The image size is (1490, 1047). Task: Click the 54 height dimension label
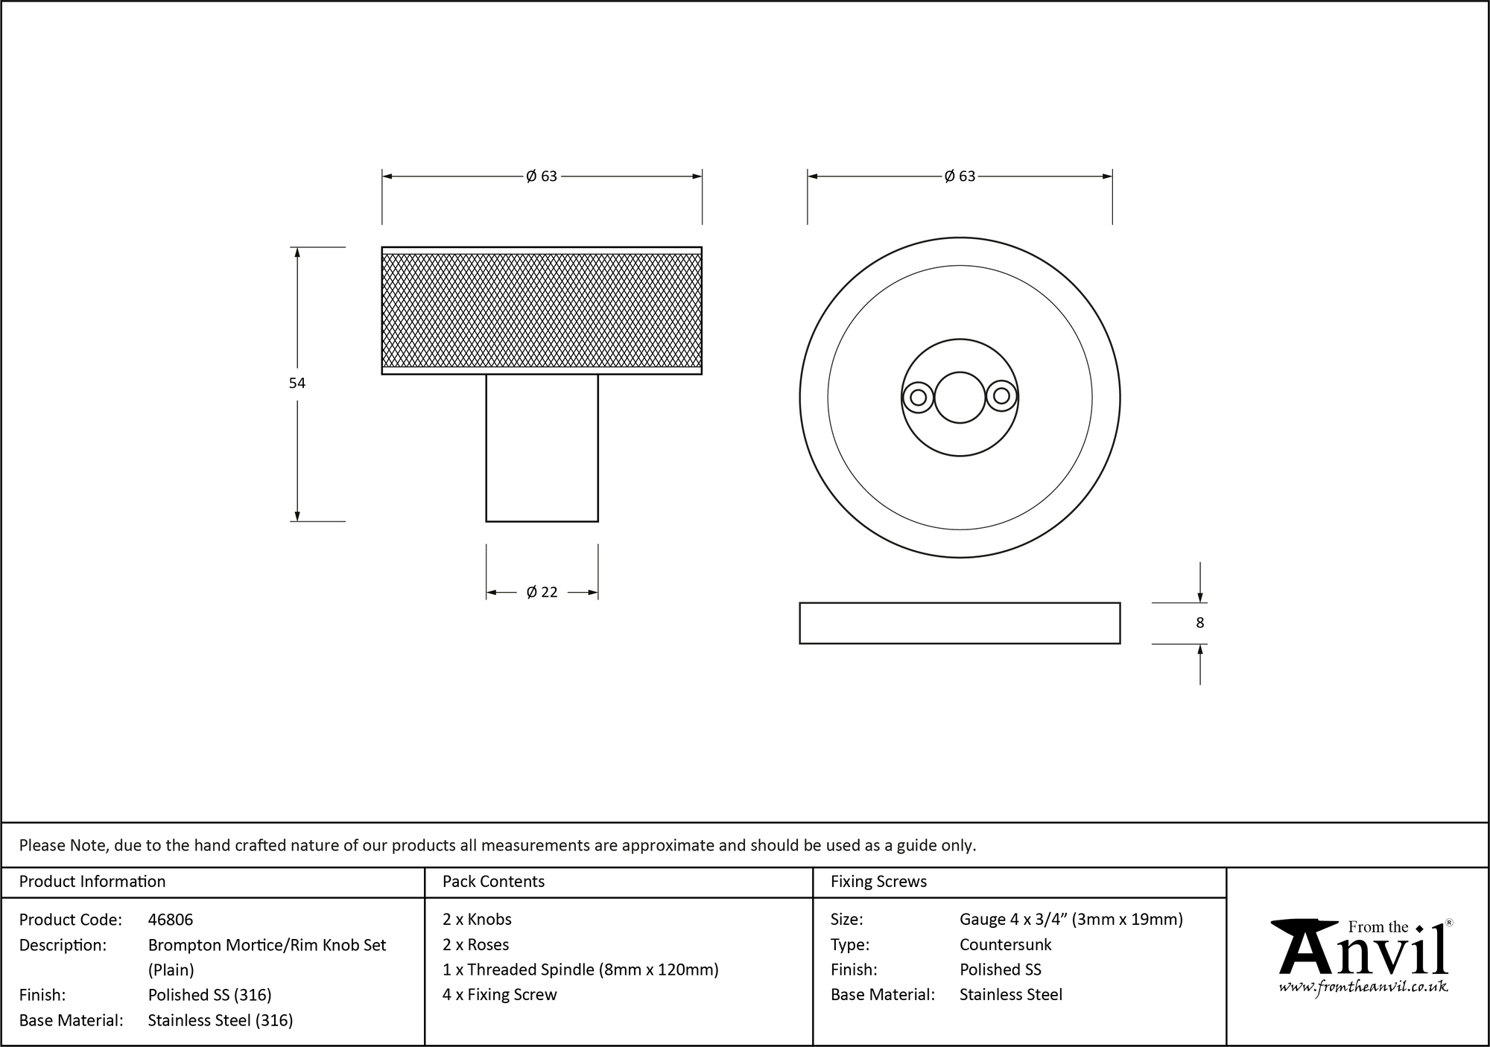coord(297,384)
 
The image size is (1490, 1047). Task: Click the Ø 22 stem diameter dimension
coord(542,593)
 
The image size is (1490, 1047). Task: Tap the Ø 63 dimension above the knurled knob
coord(542,176)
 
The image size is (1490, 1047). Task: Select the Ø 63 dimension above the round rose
coord(960,176)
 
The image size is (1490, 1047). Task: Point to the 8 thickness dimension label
coord(1199,623)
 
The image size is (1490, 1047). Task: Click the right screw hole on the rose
coord(1002,397)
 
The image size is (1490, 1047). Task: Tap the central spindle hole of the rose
coord(960,398)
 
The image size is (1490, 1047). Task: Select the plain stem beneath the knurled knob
coord(542,448)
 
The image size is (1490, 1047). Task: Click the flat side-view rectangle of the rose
coord(960,623)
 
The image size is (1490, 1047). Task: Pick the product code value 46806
coord(171,920)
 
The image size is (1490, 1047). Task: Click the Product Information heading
coord(92,882)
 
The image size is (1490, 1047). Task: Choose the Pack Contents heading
coord(493,882)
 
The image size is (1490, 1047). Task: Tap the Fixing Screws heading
coord(878,882)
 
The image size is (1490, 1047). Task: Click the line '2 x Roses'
coord(475,945)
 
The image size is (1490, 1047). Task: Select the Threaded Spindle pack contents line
coord(580,970)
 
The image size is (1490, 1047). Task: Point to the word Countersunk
coord(1005,945)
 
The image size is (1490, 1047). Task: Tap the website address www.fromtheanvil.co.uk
coord(1363,987)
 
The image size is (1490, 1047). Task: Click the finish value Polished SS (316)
coord(209,995)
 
